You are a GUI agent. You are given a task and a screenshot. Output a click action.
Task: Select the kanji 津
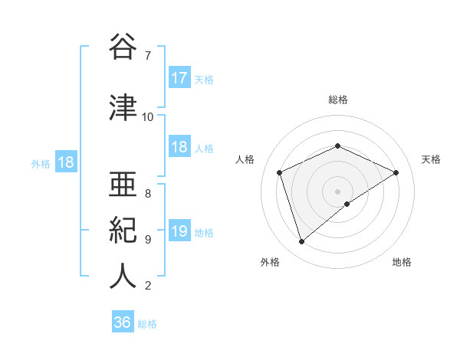[x=123, y=108]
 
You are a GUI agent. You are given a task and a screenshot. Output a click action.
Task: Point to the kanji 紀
[x=123, y=230]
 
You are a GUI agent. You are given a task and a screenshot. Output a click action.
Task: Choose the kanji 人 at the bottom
[x=123, y=276]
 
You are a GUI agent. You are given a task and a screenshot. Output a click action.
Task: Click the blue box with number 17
[x=179, y=77]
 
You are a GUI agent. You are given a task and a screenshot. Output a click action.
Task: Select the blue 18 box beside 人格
[x=179, y=148]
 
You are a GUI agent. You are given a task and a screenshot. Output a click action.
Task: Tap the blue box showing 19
[x=179, y=231]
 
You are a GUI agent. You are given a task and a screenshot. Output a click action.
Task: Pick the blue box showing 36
[x=123, y=322]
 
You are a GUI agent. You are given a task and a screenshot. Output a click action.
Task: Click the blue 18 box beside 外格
[x=65, y=162]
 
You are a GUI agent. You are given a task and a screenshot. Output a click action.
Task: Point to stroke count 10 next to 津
[x=148, y=117]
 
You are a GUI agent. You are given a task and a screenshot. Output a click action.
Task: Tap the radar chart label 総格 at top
[x=338, y=100]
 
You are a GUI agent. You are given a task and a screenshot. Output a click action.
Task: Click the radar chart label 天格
[x=432, y=159]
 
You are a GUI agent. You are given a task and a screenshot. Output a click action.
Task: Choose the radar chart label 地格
[x=402, y=263]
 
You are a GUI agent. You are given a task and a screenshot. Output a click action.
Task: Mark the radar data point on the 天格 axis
[x=396, y=172]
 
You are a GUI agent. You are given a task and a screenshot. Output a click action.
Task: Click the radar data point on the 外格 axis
[x=301, y=242]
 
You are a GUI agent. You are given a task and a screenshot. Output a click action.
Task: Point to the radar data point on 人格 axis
[x=280, y=172]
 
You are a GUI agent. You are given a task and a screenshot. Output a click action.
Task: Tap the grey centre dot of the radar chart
[x=338, y=191]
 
